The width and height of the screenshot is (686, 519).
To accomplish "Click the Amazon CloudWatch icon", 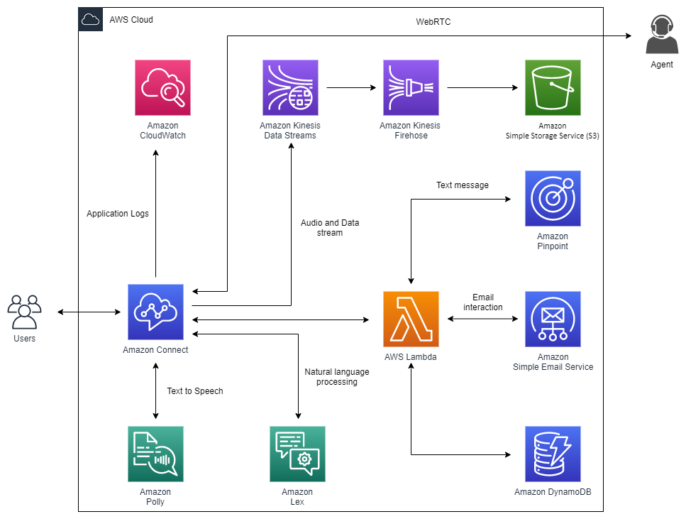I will (x=162, y=87).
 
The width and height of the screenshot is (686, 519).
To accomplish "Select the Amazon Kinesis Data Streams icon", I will (x=290, y=87).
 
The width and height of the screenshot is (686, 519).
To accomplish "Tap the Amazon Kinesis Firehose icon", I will (x=411, y=87).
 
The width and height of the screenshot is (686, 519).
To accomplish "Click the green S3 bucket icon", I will (x=553, y=87).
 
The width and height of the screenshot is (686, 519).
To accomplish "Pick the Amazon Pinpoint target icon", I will (x=553, y=198).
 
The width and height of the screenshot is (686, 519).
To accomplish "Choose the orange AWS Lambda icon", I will (x=411, y=319).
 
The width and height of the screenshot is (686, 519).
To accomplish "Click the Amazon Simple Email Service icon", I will (x=553, y=319).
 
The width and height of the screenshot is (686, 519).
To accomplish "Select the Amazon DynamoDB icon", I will (x=553, y=454).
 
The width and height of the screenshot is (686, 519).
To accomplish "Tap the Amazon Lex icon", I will (x=297, y=454).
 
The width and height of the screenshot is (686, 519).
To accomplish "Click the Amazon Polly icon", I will (x=155, y=454).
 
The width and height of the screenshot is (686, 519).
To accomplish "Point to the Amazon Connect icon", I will (x=155, y=312).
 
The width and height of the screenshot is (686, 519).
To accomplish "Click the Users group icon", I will (x=24, y=311).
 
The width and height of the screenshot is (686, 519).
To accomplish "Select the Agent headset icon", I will (x=661, y=35).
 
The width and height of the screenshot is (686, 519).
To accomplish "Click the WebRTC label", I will (x=433, y=22).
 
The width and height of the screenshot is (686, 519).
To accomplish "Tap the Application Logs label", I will (x=118, y=214).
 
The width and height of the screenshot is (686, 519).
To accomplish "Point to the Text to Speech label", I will (x=195, y=390).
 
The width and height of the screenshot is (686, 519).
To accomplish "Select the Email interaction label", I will (x=482, y=302).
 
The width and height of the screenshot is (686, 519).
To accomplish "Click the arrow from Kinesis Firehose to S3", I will (x=482, y=88).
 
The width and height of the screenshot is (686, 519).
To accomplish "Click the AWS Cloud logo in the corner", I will (x=90, y=19).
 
